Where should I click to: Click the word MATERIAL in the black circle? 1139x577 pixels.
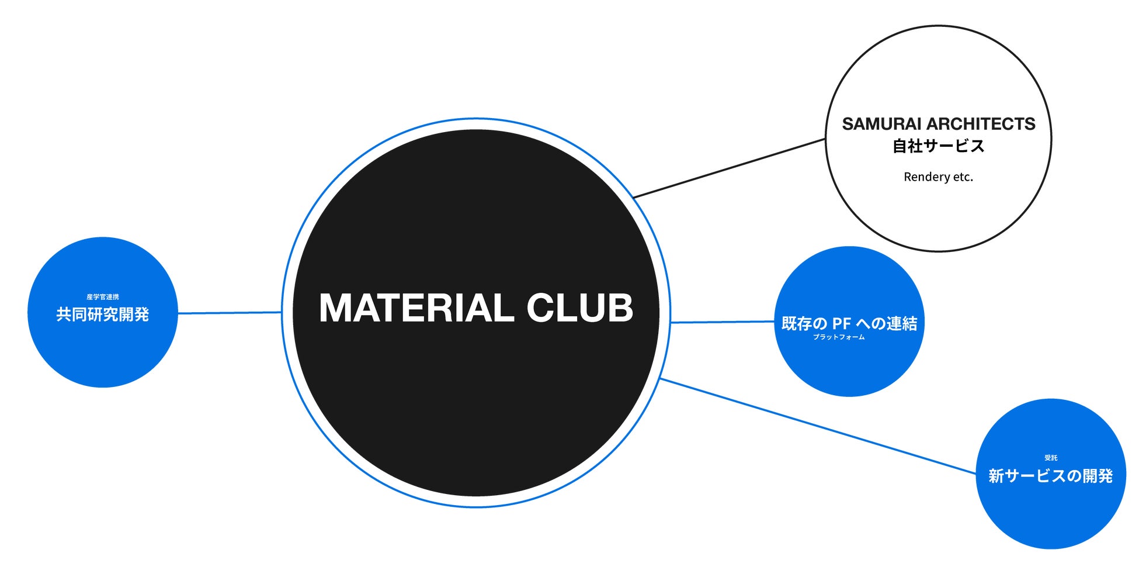pos(416,308)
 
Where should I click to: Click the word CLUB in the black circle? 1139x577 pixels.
pos(579,308)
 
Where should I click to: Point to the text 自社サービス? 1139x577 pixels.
pos(938,146)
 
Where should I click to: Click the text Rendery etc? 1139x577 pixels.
pos(938,177)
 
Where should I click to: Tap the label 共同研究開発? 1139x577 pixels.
pos(103,315)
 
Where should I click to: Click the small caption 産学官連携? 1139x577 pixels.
pos(103,297)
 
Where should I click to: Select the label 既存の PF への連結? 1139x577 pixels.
pos(849,323)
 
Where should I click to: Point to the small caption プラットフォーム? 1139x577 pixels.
pos(839,337)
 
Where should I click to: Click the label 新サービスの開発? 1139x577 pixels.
pos(1050,476)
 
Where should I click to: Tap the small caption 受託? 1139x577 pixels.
pos(1051,458)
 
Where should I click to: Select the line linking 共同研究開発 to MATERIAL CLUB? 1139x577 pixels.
pos(230,313)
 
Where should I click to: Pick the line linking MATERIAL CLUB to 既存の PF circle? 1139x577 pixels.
pos(722,322)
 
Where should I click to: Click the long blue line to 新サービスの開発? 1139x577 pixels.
pos(818,426)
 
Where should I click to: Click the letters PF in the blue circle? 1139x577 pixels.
pos(841,323)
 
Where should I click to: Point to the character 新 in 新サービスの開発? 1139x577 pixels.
pos(996,476)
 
